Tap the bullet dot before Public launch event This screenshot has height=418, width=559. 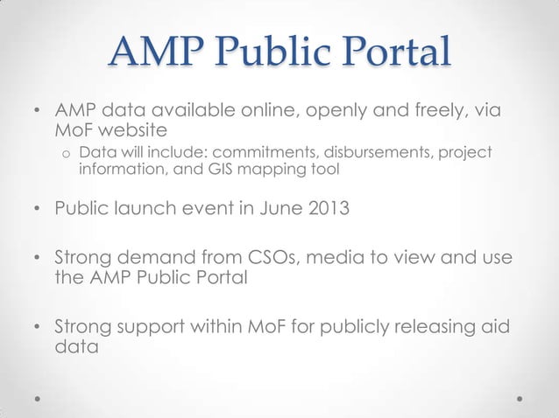coord(37,211)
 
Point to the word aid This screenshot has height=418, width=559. coord(498,328)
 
